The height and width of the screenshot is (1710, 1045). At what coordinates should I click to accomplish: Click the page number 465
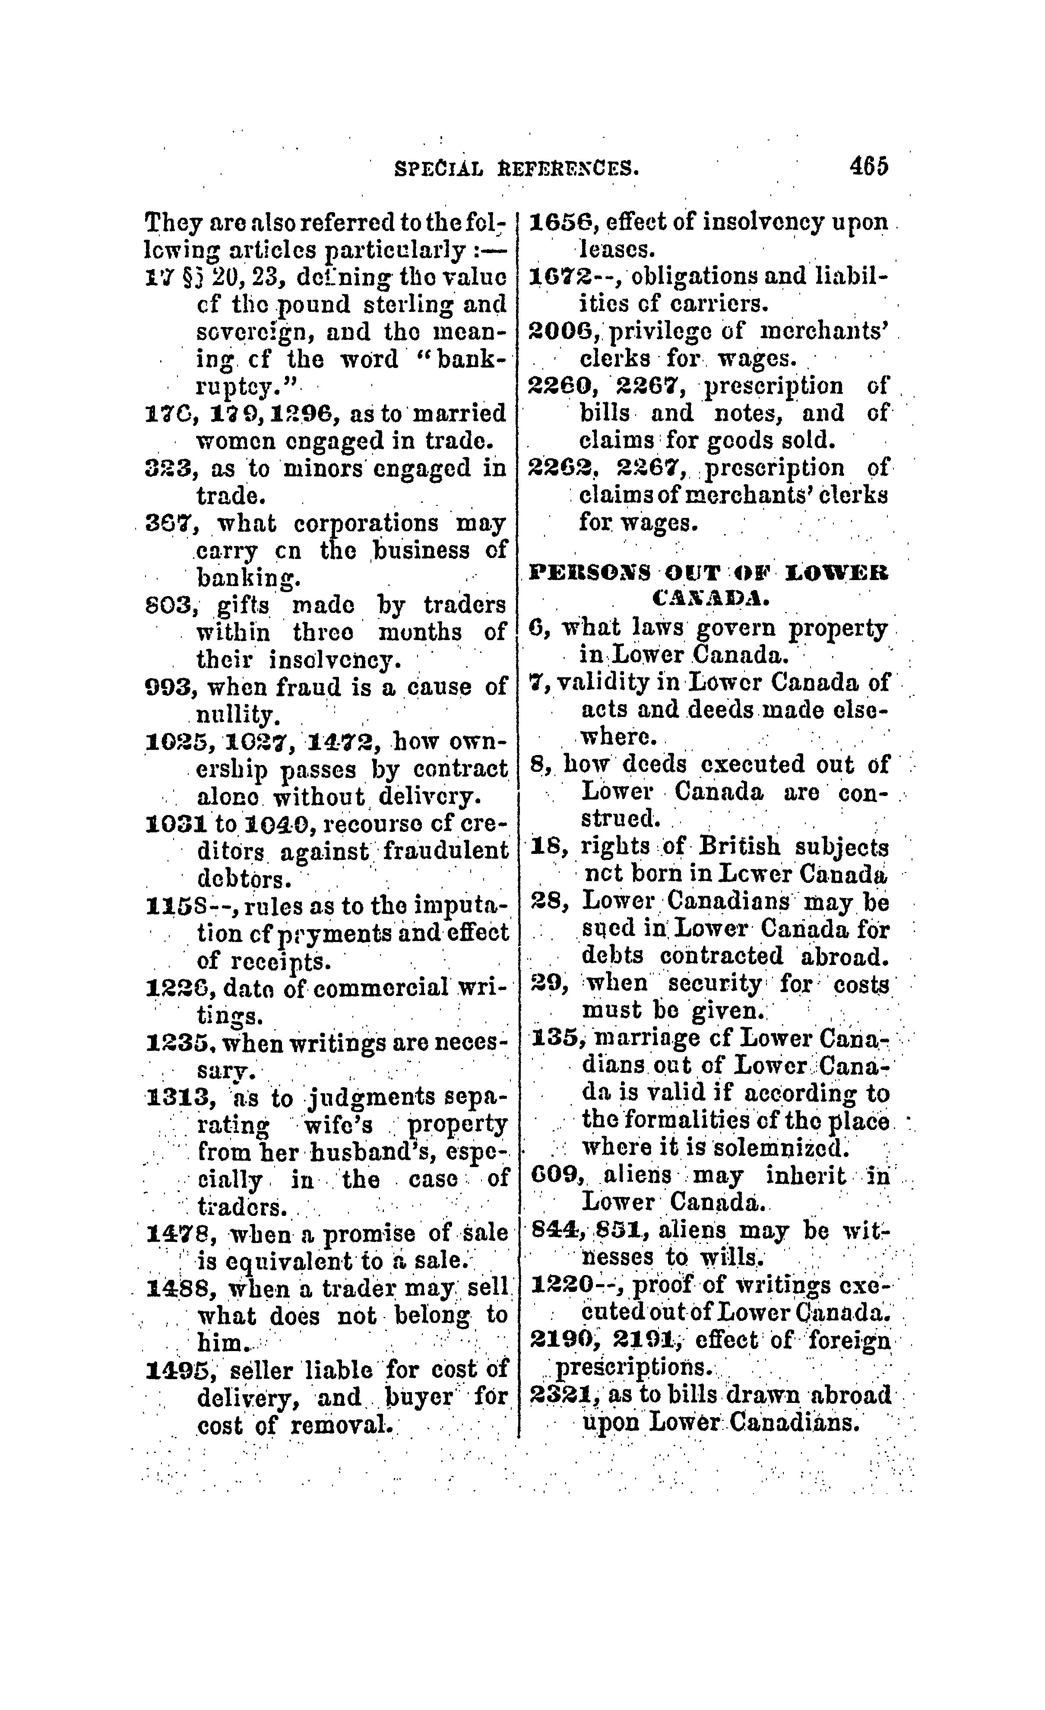click(x=868, y=167)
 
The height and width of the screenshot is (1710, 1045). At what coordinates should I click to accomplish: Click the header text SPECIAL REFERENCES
click(x=516, y=168)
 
